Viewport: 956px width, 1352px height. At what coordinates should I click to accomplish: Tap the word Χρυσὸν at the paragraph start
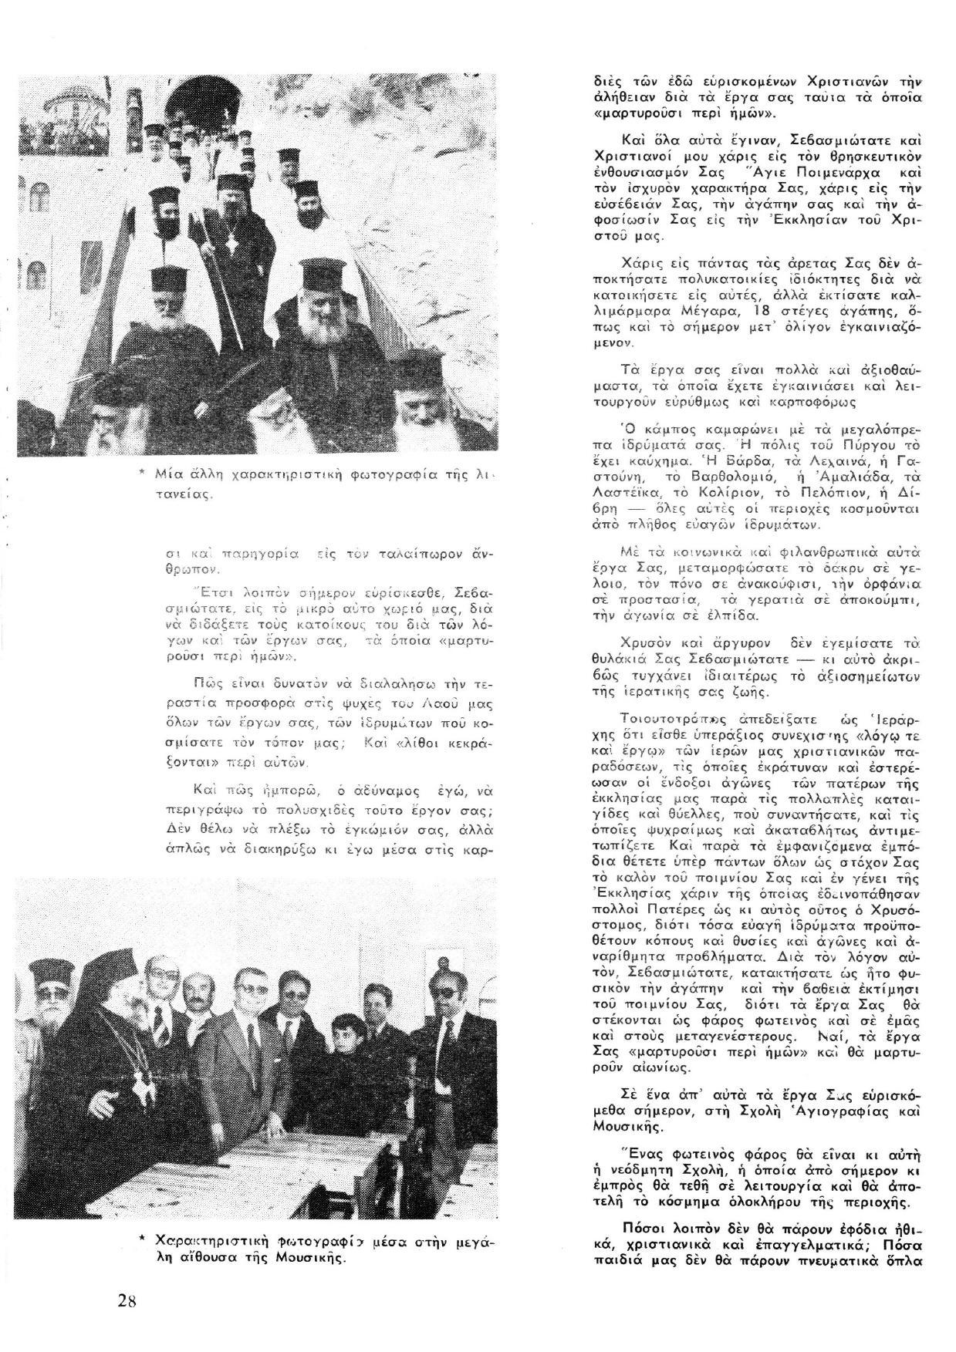click(649, 642)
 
